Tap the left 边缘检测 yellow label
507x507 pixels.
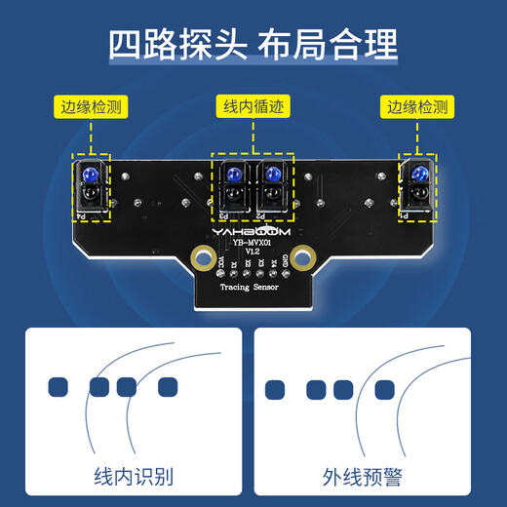(x=94, y=107)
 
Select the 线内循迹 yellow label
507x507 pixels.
(x=253, y=107)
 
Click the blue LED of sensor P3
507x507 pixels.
(x=235, y=176)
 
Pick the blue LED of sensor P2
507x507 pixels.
(x=270, y=176)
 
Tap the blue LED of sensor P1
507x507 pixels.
(x=418, y=175)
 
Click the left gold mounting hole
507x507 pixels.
(x=203, y=258)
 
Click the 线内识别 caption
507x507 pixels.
(x=134, y=477)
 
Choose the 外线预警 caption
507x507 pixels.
(x=363, y=477)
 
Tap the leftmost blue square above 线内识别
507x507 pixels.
(x=58, y=387)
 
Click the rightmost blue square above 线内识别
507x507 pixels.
(x=168, y=387)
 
